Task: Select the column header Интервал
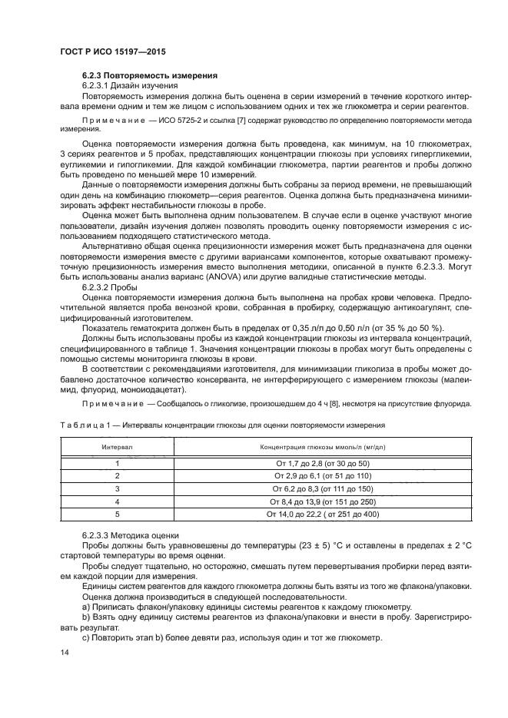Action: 118,446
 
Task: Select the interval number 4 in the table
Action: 118,501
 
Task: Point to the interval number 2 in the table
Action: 118,476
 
